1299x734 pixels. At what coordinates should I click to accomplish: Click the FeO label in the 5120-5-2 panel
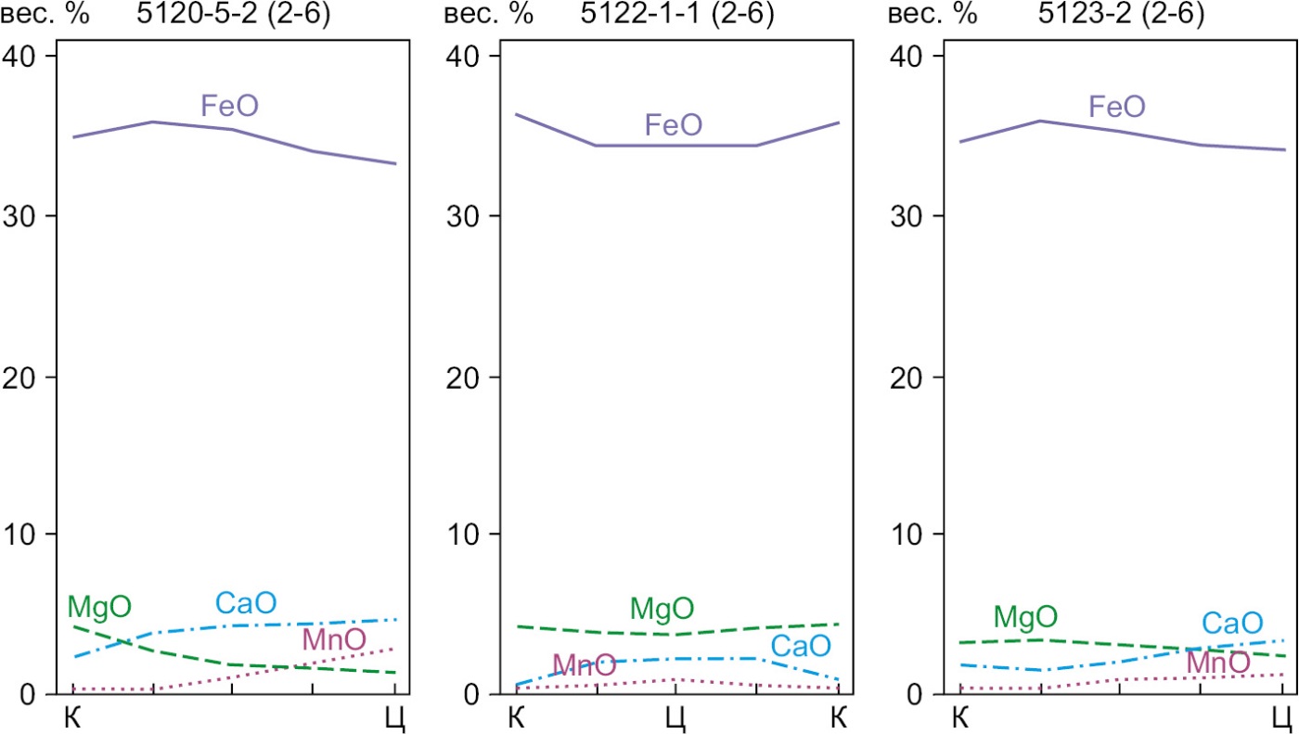229,106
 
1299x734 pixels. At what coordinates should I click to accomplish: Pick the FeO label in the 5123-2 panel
1116,107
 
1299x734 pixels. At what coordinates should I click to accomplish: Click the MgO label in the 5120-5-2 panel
99,608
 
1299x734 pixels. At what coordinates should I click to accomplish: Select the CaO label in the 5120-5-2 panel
246,603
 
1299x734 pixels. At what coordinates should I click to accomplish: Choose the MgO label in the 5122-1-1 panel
662,610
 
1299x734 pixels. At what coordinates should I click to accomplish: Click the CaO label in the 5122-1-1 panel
800,645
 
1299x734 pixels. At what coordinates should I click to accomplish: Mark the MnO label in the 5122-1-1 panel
584,664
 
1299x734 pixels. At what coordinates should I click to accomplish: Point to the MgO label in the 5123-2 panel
1025,616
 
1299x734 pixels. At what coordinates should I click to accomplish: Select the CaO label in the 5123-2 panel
1232,623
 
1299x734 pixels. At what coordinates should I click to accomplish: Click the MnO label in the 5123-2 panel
1217,663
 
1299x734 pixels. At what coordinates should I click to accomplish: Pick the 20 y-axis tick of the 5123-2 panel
908,377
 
